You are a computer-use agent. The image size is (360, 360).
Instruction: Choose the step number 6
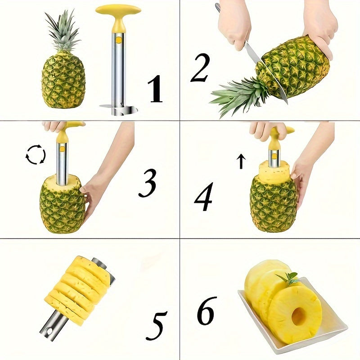(207, 310)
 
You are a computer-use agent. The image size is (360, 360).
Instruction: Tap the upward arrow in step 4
(241, 161)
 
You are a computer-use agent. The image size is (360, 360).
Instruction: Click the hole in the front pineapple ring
(298, 316)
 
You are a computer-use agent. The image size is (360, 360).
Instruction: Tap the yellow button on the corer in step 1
(118, 40)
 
